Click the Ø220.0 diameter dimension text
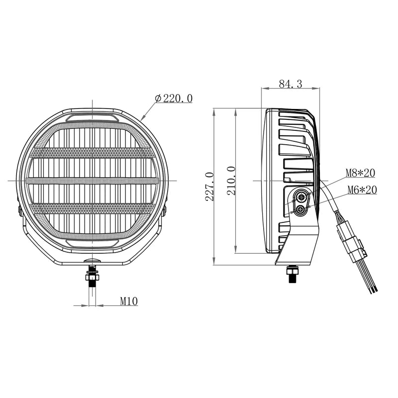coord(174,99)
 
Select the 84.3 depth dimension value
coord(291,84)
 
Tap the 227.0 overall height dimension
coord(209,187)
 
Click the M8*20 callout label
coord(360,174)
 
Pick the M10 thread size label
coord(128,300)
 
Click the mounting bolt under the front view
coord(92,276)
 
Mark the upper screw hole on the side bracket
coord(300,198)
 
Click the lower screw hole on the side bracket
coord(300,210)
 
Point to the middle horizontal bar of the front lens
coord(92,181)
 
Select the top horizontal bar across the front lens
coord(92,153)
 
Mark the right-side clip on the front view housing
coord(165,208)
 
